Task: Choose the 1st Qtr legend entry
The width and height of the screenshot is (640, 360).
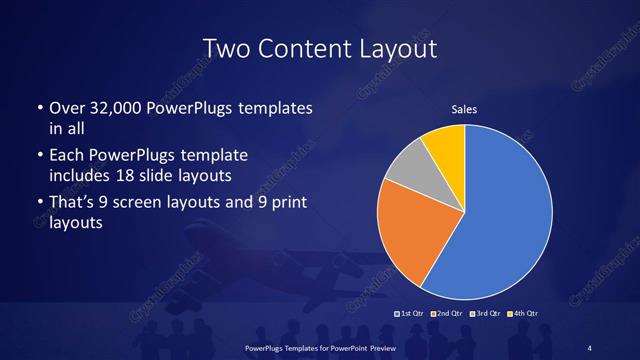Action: click(x=411, y=314)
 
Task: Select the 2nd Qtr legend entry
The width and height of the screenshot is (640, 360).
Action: click(x=447, y=314)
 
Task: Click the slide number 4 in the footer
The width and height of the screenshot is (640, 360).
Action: click(x=589, y=347)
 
